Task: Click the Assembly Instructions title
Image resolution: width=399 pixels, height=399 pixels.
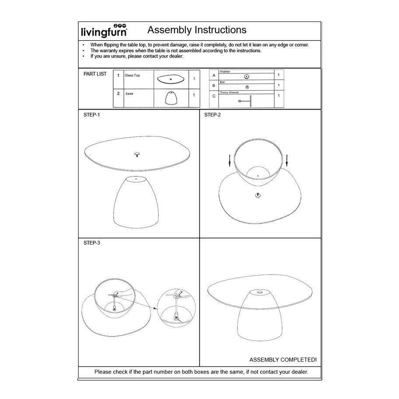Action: coord(197,30)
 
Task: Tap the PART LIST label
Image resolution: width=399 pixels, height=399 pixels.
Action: coord(95,74)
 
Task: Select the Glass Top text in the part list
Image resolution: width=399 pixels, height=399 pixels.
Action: coord(132,76)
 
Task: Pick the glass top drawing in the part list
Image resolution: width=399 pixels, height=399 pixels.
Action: coord(171,79)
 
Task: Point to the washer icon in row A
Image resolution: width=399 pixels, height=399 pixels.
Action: coord(247,76)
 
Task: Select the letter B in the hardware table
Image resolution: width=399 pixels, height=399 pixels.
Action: coord(213,85)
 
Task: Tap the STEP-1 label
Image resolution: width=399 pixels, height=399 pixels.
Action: coord(92,115)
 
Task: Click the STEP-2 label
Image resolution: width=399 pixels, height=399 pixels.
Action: coord(213,115)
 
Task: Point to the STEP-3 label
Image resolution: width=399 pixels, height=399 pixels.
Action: coord(92,242)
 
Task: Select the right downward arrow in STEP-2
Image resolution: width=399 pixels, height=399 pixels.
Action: coord(287,161)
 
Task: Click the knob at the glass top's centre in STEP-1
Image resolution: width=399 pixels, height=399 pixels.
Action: coord(137,154)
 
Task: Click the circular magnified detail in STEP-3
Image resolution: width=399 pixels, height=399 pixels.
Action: coord(176,308)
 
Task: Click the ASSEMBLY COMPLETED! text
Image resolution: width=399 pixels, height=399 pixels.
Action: coord(283,360)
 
